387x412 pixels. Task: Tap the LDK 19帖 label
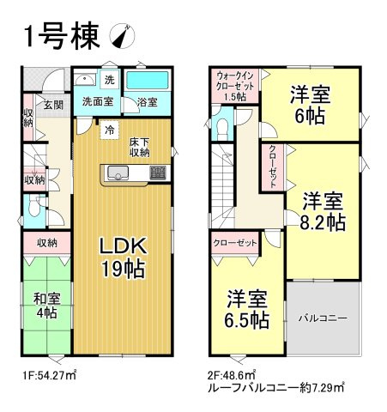pos(122,256)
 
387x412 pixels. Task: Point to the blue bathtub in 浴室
pos(150,82)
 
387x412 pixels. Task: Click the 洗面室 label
pos(99,101)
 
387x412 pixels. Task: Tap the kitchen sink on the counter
pos(118,175)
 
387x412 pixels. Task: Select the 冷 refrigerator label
pos(109,130)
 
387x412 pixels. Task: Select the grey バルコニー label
pos(322,318)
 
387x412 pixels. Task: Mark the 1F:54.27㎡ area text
pos(49,375)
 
